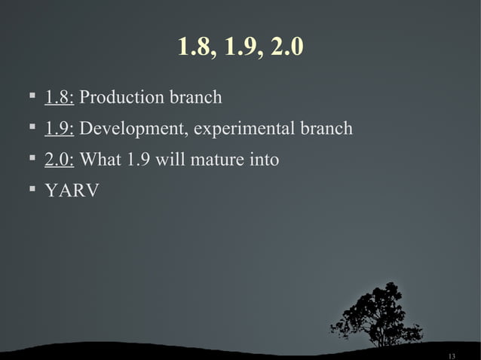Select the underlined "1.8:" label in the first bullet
[x=59, y=98]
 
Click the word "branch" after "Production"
[x=198, y=98]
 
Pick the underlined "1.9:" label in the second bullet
[x=59, y=130]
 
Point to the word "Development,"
[x=133, y=130]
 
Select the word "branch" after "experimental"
[x=326, y=130]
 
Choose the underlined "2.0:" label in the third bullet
[x=59, y=160]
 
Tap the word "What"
[x=98, y=160]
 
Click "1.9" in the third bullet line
[x=136, y=160]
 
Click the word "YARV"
[x=72, y=191]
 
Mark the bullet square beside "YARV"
[x=31, y=189]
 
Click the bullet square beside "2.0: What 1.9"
[x=31, y=158]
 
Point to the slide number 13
[x=452, y=355]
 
